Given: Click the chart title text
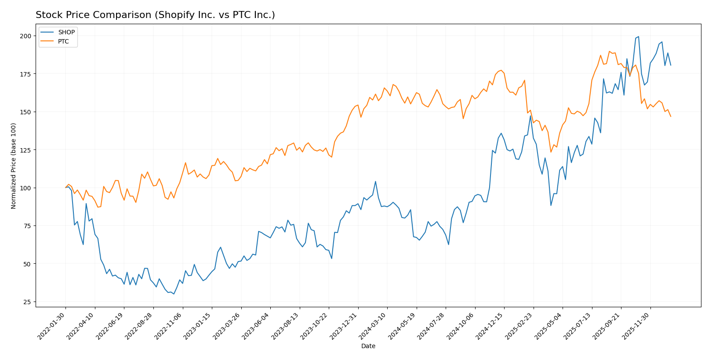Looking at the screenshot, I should pos(155,15).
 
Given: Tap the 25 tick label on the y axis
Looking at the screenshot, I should pos(27,302).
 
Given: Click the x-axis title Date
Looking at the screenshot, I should pos(368,346).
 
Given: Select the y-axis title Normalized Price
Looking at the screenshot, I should pos(14,166).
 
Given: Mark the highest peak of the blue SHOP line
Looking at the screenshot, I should pos(638,36).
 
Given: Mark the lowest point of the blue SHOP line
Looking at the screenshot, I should pos(174,294).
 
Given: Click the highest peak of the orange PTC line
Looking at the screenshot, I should pos(609,51).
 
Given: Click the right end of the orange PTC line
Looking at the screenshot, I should pos(671,116).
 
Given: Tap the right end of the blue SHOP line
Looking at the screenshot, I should pos(671,65).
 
